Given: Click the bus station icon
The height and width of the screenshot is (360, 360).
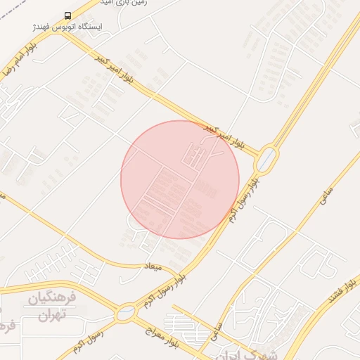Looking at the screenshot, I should [67, 15].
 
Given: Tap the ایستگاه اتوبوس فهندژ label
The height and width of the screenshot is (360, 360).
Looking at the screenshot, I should [68, 27].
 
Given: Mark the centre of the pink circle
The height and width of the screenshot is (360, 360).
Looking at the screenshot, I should [180, 179].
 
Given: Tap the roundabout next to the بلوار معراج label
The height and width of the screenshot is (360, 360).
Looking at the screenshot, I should [127, 312].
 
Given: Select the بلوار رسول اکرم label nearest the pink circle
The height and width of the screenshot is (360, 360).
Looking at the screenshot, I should [243, 200].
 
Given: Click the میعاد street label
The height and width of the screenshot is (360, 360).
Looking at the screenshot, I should [153, 266].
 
